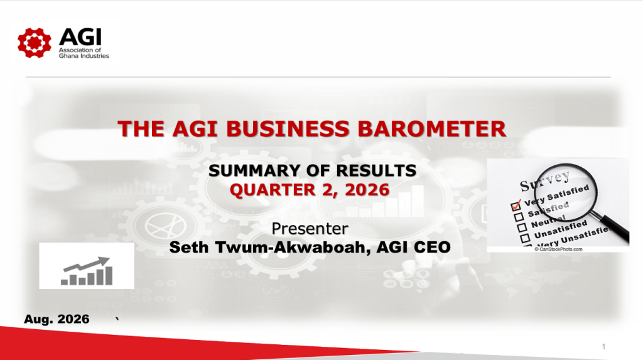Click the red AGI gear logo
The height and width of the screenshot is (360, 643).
[35, 43]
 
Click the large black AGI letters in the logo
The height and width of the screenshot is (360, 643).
[80, 37]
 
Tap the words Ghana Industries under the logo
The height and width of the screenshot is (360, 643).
[84, 56]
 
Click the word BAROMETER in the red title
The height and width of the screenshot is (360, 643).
[432, 129]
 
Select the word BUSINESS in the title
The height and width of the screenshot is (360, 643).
[288, 129]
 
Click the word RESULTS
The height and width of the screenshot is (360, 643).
[377, 170]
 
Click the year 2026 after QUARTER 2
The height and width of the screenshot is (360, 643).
[367, 190]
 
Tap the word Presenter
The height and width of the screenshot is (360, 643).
[310, 229]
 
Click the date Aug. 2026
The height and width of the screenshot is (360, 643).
[57, 319]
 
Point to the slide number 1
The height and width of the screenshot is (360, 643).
[603, 347]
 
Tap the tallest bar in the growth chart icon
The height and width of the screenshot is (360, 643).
[109, 276]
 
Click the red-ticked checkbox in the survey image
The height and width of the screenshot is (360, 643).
[516, 205]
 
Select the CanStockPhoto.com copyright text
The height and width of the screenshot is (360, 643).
[558, 249]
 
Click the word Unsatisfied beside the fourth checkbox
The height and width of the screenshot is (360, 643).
[561, 229]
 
